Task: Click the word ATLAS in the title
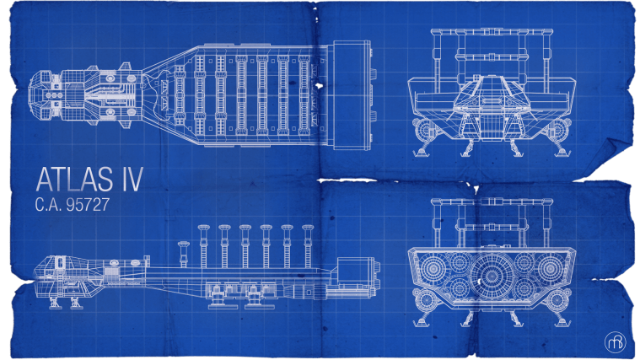point(75,180)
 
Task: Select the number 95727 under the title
point(89,205)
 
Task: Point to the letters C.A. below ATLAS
point(49,205)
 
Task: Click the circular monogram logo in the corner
point(615,342)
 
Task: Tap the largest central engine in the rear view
point(492,276)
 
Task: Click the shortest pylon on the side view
point(183,255)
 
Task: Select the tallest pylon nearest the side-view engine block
point(308,246)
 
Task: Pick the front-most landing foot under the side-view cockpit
point(55,304)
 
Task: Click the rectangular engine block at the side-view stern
point(354,271)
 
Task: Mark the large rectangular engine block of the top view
point(352,95)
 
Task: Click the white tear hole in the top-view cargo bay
point(319,86)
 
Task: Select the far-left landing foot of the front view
point(422,153)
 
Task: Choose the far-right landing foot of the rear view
point(562,322)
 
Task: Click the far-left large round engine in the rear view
point(433,268)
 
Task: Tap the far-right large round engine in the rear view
point(550,268)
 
